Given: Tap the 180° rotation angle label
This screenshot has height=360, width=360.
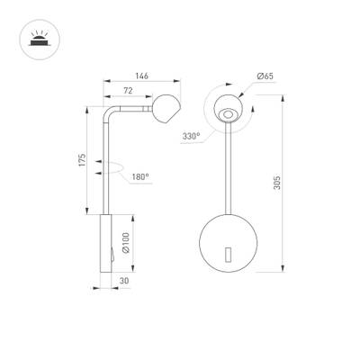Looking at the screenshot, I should click(x=139, y=177).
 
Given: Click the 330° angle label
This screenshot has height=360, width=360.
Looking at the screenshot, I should click(x=190, y=137).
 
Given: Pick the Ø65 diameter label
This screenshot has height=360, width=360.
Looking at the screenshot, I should click(x=265, y=76).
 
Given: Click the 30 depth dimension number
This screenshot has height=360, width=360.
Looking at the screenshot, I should click(x=122, y=281).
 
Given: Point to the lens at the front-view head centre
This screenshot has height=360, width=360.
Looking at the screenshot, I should click(x=229, y=114).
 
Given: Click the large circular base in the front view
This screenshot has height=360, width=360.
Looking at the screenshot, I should click(x=229, y=241).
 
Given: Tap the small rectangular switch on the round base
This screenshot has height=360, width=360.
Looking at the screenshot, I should click(x=229, y=256).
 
